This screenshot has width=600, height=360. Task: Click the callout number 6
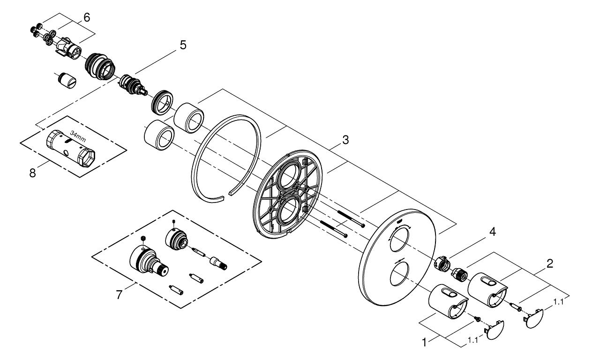tap(87, 18)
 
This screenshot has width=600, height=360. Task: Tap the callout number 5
tap(183, 45)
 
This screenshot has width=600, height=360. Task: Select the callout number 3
tap(345, 140)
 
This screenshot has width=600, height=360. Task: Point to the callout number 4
tap(493, 232)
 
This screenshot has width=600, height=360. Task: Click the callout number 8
tap(32, 173)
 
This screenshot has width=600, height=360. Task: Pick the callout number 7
tap(119, 295)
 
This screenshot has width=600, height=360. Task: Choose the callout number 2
tap(550, 264)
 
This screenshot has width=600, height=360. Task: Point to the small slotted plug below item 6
tap(67, 80)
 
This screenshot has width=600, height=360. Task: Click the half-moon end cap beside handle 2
tap(533, 319)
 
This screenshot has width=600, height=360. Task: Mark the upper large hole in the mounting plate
tap(287, 177)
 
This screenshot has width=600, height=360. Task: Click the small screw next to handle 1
tap(477, 319)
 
